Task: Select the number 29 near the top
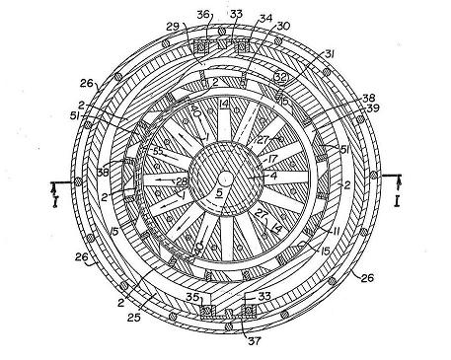[172, 26]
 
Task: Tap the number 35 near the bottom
[192, 295]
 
